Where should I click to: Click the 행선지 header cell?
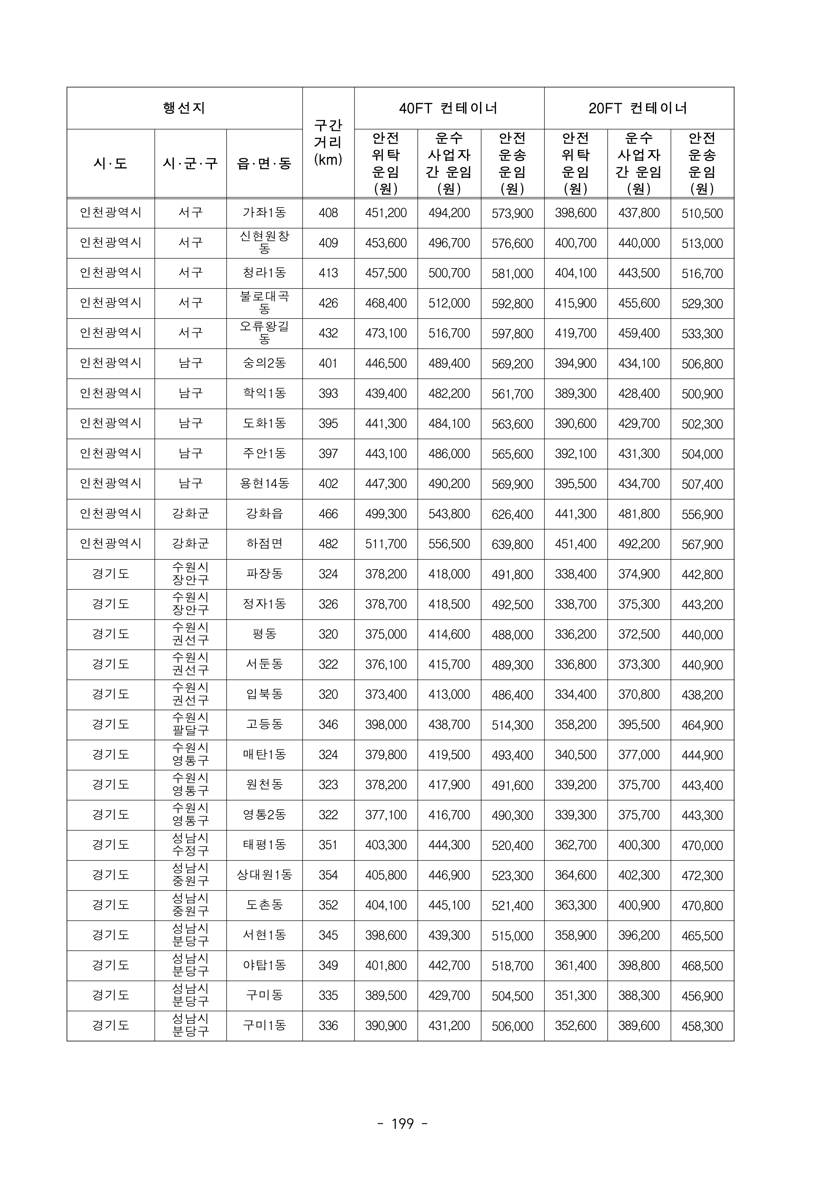click(184, 108)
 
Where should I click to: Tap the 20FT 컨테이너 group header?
click(638, 108)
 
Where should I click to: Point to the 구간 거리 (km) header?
click(328, 142)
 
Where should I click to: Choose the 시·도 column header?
click(110, 164)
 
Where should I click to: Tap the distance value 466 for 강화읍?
click(328, 514)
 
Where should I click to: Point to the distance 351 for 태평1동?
click(328, 845)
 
